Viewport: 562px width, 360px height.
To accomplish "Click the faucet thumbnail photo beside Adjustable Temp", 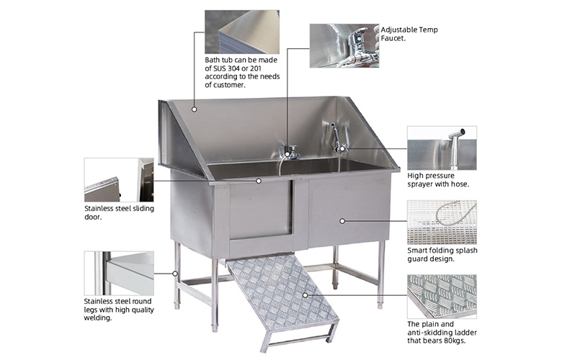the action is pyautogui.click(x=344, y=46).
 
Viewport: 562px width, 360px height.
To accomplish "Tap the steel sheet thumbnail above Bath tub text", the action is pyautogui.click(x=242, y=32).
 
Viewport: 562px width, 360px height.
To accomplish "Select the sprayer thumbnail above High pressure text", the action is pyautogui.click(x=442, y=148).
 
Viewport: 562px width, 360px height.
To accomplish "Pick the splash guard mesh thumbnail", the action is pyautogui.click(x=442, y=222).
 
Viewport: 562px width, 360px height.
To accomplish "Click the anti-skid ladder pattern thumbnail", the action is pyautogui.click(x=442, y=297).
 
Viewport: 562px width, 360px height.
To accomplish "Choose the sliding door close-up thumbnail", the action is pyautogui.click(x=119, y=180).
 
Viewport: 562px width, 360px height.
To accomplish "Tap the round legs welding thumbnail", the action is pyautogui.click(x=119, y=273).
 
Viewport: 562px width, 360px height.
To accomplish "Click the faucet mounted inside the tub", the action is pyautogui.click(x=291, y=153).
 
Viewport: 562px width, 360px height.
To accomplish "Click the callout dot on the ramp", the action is pyautogui.click(x=305, y=295).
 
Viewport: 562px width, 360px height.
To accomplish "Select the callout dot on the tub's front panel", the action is pyautogui.click(x=342, y=221).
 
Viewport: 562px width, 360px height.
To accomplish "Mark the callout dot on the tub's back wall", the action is pyautogui.click(x=195, y=109).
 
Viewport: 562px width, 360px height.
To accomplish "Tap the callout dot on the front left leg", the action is pyautogui.click(x=175, y=274).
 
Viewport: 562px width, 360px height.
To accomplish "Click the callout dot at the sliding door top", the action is pyautogui.click(x=259, y=181).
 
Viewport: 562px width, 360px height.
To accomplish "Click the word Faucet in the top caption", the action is pyautogui.click(x=393, y=38).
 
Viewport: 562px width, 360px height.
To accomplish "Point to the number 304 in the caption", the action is pyautogui.click(x=233, y=68).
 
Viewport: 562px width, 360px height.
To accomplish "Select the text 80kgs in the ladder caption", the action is pyautogui.click(x=455, y=341).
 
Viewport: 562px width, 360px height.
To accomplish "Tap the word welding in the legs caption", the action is pyautogui.click(x=98, y=318).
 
